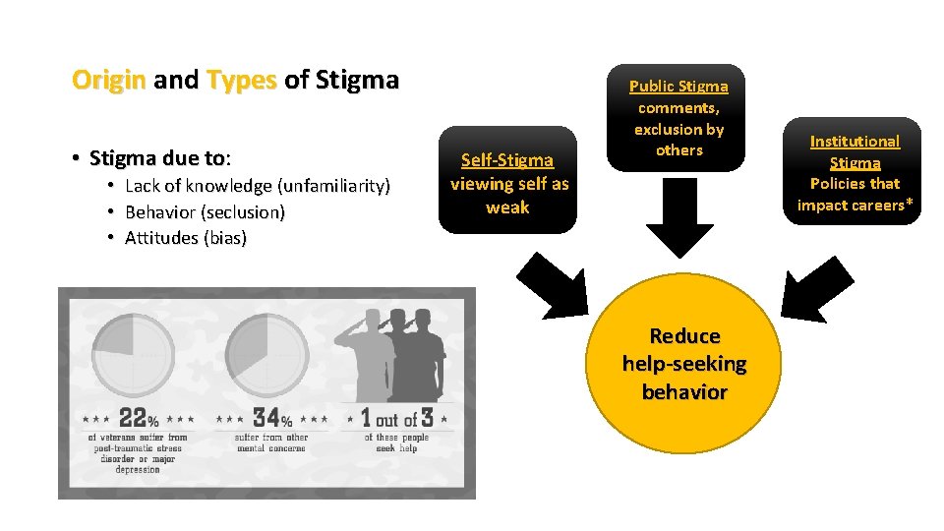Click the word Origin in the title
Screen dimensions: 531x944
click(x=109, y=80)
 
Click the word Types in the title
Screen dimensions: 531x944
click(x=242, y=80)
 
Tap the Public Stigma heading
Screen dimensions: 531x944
click(x=678, y=87)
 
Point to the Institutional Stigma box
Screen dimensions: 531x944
click(x=855, y=171)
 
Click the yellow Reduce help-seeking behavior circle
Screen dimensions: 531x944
click(x=683, y=365)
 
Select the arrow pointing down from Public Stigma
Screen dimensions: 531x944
click(x=679, y=222)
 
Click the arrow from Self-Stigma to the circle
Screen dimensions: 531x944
click(x=552, y=289)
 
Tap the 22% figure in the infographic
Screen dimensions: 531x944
click(x=139, y=418)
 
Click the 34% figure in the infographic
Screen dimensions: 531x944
click(x=272, y=418)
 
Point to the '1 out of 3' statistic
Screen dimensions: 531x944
click(x=397, y=417)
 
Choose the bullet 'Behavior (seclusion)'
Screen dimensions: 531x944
click(x=205, y=211)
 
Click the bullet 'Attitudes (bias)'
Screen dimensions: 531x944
click(x=186, y=238)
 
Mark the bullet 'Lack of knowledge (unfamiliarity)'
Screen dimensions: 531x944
click(x=258, y=186)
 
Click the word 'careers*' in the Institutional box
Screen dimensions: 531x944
click(x=882, y=205)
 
